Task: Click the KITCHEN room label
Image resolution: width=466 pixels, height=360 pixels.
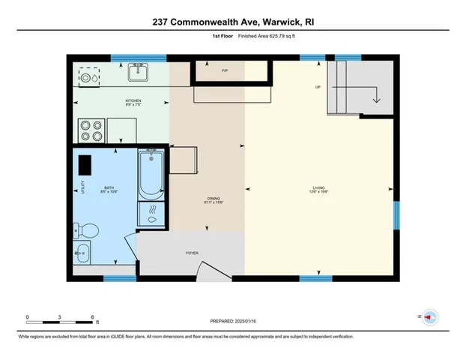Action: click(133, 101)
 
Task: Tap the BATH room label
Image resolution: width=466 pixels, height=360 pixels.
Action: click(109, 187)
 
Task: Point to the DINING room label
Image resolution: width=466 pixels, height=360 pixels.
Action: click(214, 199)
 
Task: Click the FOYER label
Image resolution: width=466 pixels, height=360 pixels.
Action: click(192, 253)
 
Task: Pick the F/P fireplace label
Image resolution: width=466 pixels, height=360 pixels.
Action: click(225, 71)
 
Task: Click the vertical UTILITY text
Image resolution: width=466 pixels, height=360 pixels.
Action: click(83, 187)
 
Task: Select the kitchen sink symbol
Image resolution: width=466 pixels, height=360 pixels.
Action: click(138, 73)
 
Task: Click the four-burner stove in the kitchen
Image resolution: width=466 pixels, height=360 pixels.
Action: click(91, 130)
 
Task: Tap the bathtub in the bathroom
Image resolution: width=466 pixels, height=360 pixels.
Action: click(152, 173)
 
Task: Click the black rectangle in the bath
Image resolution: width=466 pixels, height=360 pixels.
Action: click(85, 163)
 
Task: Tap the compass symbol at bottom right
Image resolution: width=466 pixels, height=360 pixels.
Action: click(430, 317)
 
